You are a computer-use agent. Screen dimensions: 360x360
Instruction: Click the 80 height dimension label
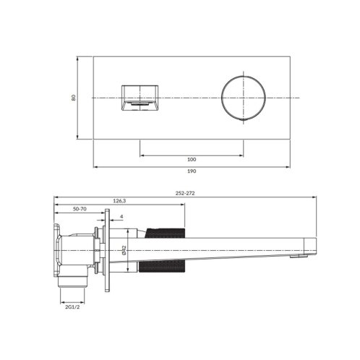(74, 98)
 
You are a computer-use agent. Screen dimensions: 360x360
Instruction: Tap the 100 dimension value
(192, 159)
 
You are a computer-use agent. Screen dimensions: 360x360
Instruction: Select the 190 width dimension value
(192, 171)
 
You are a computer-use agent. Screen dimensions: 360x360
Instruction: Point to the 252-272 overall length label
(185, 193)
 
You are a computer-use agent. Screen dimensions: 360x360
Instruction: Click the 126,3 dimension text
(119, 201)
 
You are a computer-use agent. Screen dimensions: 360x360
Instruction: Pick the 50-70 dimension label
(80, 209)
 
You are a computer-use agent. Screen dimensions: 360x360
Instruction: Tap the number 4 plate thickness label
(121, 217)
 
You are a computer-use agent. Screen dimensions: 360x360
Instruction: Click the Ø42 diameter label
(124, 250)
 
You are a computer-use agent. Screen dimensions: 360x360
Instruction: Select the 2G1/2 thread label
(72, 307)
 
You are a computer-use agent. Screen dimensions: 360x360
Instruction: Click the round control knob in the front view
(244, 98)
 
